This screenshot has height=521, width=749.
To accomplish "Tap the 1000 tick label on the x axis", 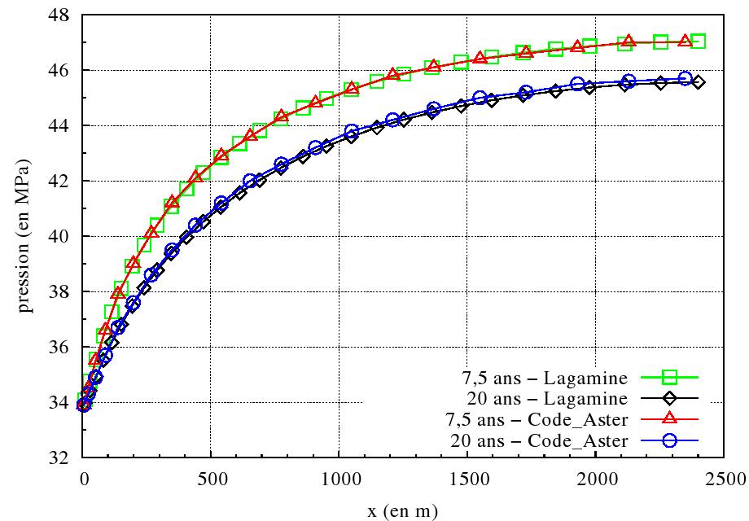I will (x=339, y=476).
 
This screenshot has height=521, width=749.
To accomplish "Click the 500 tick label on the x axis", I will (x=212, y=476).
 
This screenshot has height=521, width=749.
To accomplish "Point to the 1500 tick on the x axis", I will (x=467, y=476).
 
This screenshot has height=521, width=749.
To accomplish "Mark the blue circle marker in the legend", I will (x=670, y=441).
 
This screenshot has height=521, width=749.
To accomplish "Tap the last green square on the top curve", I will (x=698, y=41).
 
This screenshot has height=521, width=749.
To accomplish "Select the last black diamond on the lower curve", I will (x=698, y=82).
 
